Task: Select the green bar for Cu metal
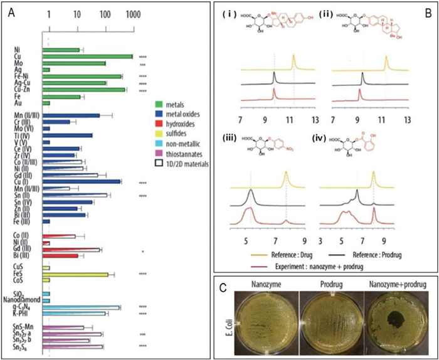[x=90, y=56]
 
